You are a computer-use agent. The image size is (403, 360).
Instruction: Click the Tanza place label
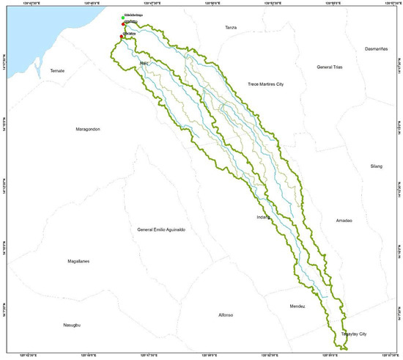[232, 27]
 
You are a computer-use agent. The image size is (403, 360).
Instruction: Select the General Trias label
[330, 67]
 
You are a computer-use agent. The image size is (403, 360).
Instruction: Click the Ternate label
[57, 70]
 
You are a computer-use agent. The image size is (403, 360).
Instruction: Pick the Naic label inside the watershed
[144, 64]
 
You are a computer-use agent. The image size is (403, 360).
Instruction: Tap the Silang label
[377, 166]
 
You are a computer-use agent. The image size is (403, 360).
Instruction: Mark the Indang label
[264, 217]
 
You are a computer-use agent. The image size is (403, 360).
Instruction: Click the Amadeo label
[344, 221]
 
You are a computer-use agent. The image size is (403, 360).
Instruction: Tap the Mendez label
[297, 306]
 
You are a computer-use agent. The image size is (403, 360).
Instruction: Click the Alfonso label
[226, 315]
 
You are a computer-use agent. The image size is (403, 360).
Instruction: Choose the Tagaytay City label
[353, 334]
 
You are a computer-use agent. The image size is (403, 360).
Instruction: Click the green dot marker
[123, 17]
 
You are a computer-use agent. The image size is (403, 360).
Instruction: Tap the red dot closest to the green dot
[123, 25]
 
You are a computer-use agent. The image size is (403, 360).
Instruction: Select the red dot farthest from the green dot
[122, 35]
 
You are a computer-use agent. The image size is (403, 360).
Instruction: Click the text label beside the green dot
[134, 16]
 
